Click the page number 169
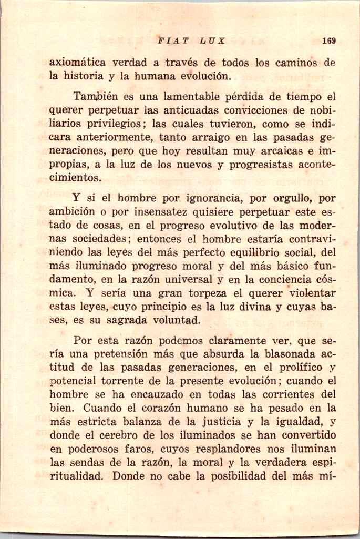pos(330,40)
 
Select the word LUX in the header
pos(212,40)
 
